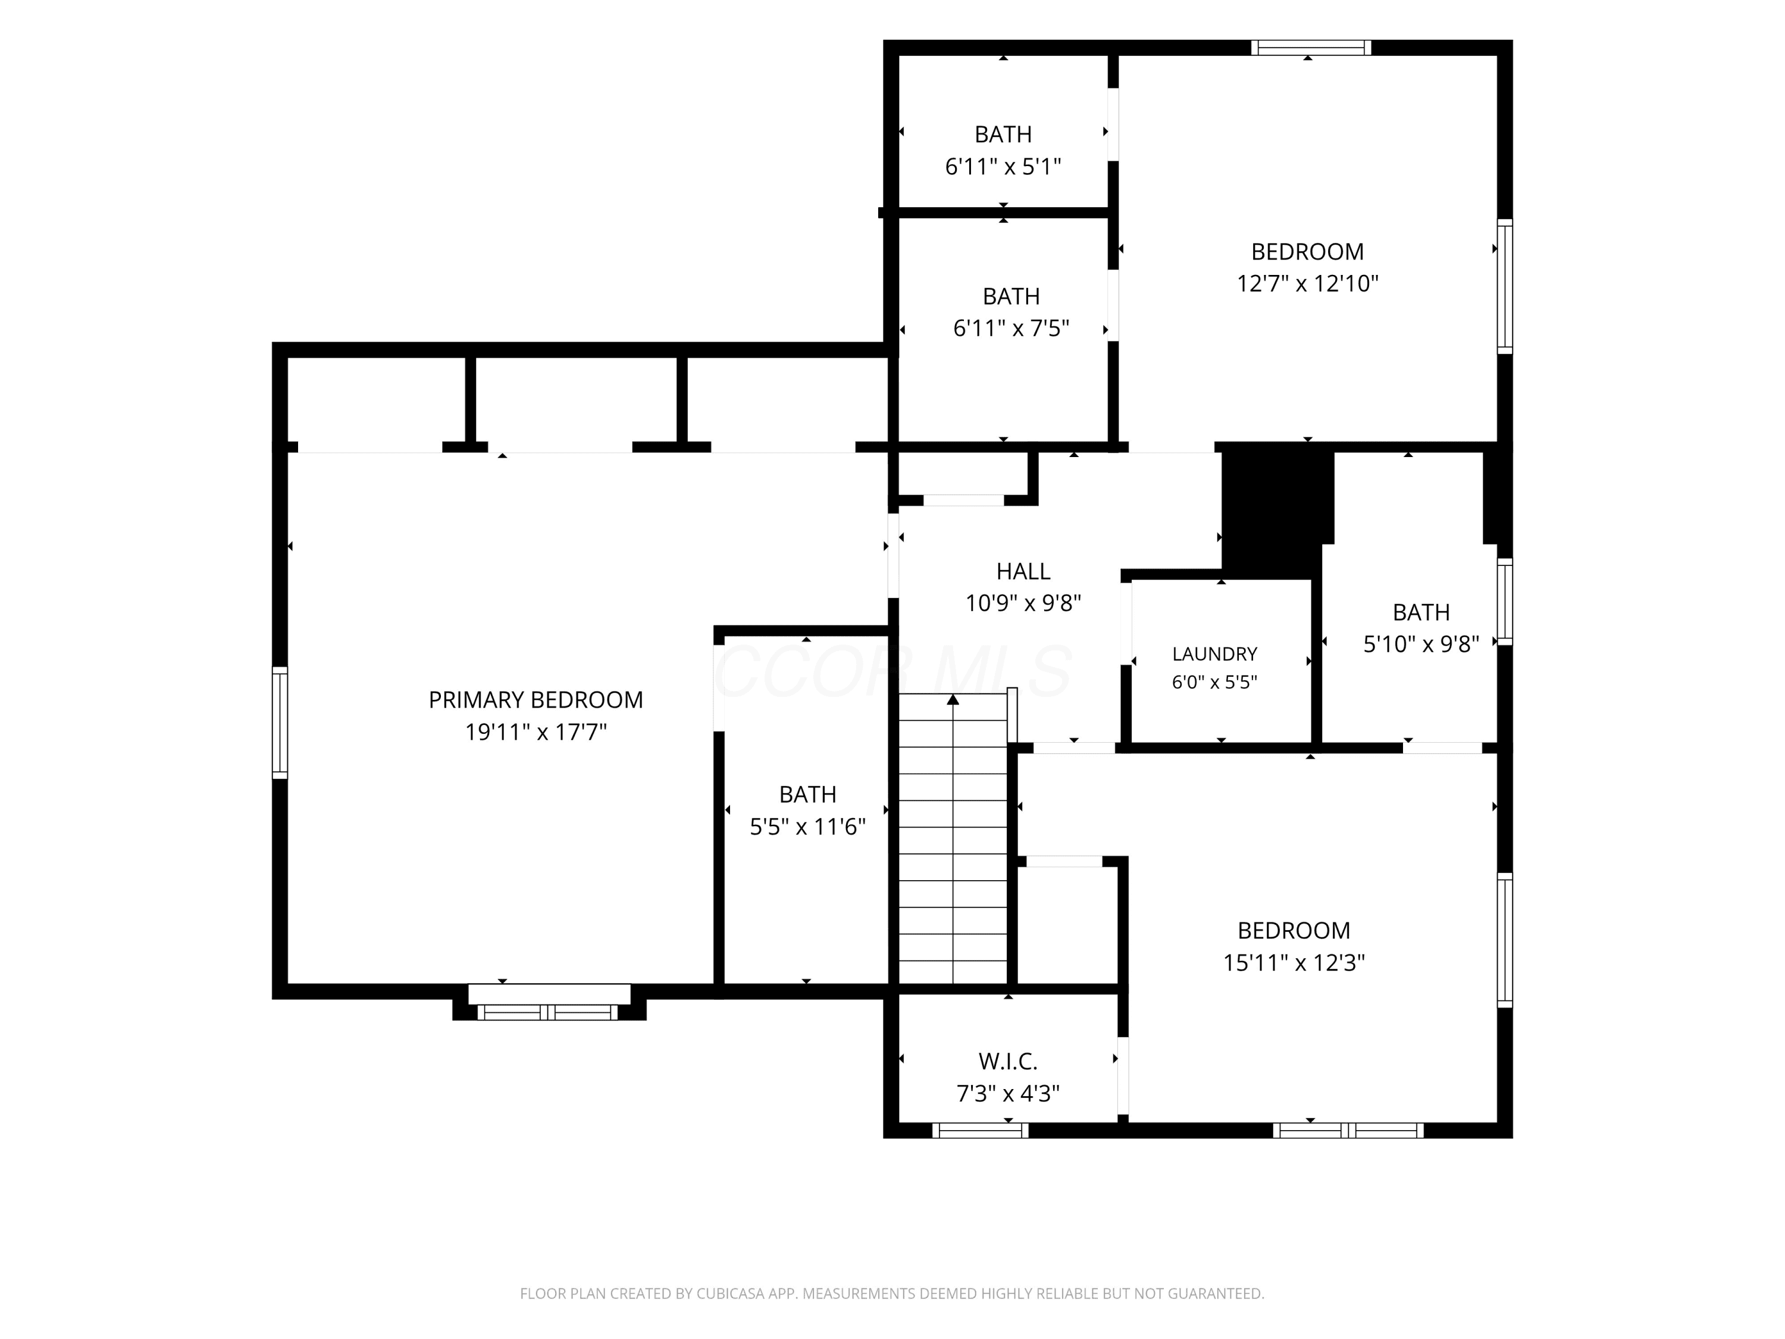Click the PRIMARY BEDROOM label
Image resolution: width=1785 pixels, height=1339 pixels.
536,700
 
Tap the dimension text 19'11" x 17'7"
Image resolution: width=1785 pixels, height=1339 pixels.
536,732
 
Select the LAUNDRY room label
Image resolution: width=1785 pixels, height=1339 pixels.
1214,654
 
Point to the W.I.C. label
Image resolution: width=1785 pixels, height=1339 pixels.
1008,1061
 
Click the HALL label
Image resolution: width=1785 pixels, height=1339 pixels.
1023,571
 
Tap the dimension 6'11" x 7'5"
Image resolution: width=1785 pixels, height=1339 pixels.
1011,329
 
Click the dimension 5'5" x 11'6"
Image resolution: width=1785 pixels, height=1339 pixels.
808,827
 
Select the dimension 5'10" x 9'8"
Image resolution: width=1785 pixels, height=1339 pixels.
1421,644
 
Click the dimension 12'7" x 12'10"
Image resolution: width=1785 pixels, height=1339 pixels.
1307,284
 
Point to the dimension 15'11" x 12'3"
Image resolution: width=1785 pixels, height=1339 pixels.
1294,963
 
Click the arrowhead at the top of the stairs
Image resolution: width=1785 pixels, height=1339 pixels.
953,700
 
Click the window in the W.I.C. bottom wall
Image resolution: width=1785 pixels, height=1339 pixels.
981,1130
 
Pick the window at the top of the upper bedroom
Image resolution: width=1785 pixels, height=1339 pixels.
1311,48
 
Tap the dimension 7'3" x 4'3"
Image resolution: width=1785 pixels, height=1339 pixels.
1008,1094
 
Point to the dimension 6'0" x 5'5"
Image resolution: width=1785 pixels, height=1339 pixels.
1214,682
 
